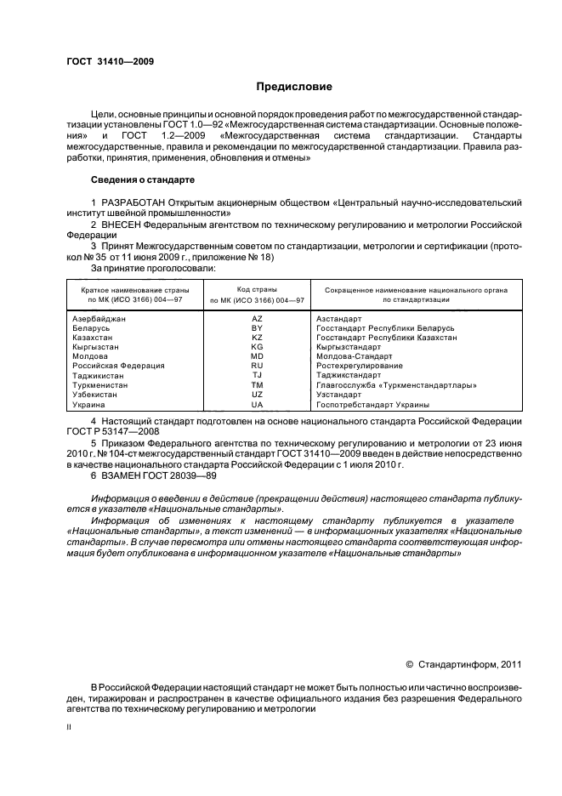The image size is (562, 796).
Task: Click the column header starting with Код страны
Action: pyautogui.click(x=257, y=290)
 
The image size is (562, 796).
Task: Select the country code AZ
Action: pyautogui.click(x=257, y=319)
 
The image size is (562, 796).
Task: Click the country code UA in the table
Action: pyautogui.click(x=257, y=404)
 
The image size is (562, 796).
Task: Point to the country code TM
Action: pyautogui.click(x=257, y=385)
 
